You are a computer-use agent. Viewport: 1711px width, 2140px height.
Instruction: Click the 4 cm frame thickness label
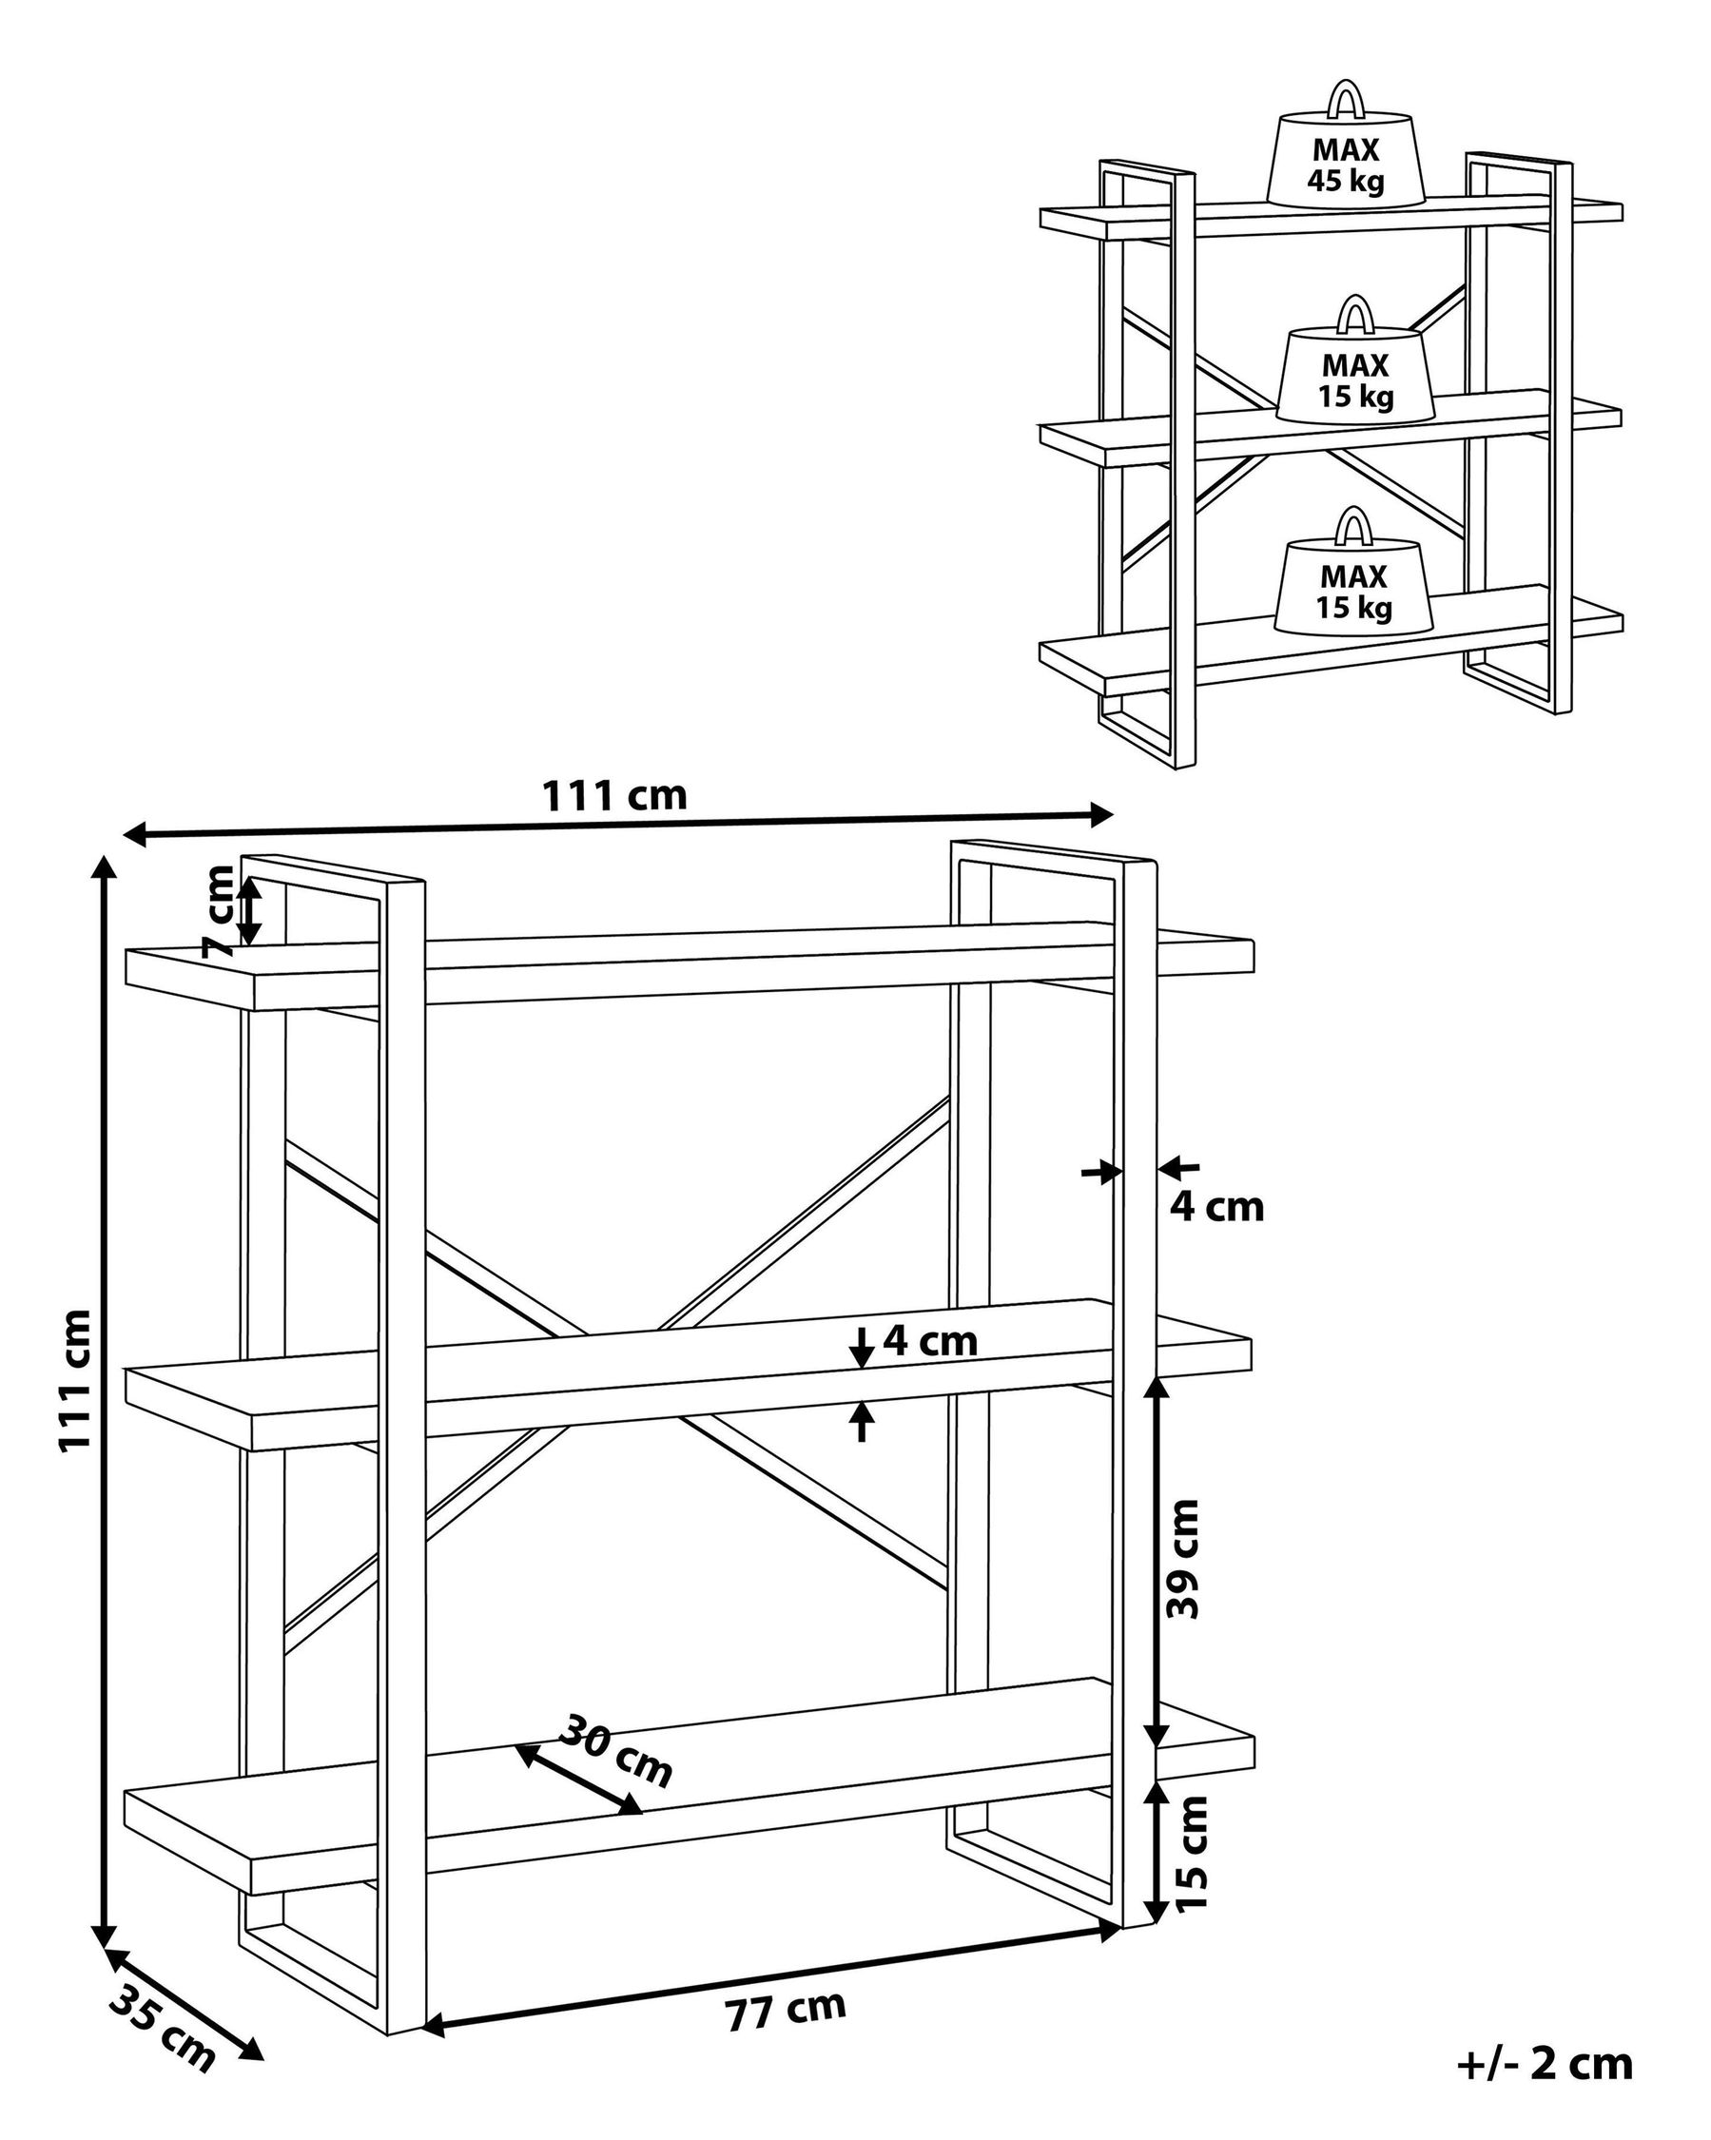(x=1216, y=1207)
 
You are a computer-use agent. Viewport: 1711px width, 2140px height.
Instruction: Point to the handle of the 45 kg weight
(x=1345, y=98)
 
